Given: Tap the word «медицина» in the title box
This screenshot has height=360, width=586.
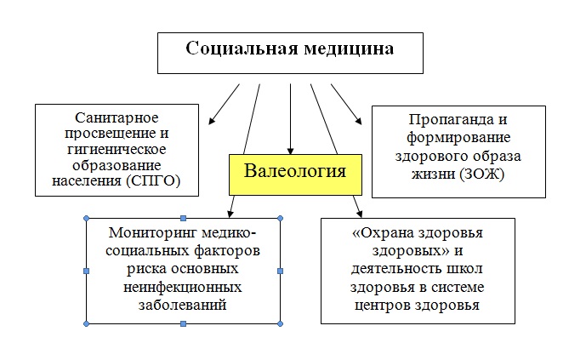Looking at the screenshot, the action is click(x=349, y=49).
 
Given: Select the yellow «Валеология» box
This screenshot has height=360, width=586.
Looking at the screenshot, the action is click(x=295, y=174).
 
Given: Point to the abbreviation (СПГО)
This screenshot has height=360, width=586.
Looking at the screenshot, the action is click(x=153, y=181).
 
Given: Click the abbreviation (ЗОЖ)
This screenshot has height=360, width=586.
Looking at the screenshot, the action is click(x=481, y=174).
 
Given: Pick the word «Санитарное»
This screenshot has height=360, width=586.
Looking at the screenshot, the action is click(x=117, y=117).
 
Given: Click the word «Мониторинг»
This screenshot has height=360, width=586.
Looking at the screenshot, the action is click(x=152, y=233).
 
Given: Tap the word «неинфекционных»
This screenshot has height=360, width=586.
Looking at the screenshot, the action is click(x=182, y=288).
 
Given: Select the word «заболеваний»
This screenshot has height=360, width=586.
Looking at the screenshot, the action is click(x=182, y=305).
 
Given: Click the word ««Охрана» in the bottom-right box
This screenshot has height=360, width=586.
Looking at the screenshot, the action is click(x=383, y=233).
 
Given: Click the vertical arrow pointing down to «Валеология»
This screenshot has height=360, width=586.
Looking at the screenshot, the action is click(x=290, y=119).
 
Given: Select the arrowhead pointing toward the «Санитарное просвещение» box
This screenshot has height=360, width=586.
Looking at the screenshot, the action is click(x=212, y=120).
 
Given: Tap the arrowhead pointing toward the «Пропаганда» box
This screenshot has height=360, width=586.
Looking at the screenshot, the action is click(x=358, y=120).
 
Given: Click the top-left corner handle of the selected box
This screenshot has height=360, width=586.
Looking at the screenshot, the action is click(x=87, y=219).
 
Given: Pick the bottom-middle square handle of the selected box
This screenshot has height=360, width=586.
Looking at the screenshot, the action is click(x=183, y=323).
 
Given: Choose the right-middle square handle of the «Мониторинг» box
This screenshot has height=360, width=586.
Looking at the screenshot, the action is click(x=281, y=271).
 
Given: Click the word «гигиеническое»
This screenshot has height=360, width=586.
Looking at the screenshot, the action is click(x=117, y=150).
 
